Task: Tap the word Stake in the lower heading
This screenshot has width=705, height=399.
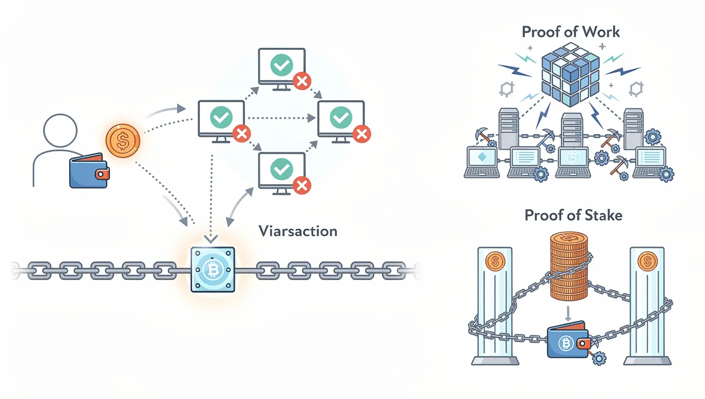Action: click(602, 215)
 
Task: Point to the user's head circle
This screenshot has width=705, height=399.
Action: click(60, 131)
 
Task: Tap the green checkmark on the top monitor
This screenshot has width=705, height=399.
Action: click(282, 65)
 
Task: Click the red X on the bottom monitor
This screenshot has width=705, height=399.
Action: click(302, 184)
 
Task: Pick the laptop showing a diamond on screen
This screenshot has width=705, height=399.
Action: click(482, 161)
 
